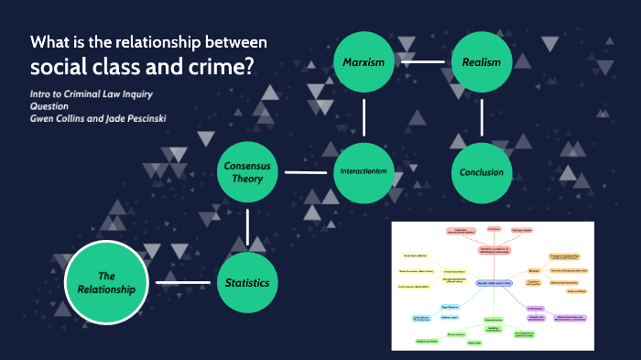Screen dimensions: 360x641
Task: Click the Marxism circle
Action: click(364, 61)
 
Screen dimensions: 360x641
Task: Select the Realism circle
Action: click(482, 61)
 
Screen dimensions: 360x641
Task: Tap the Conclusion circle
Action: click(482, 172)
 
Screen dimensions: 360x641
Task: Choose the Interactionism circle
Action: click(364, 172)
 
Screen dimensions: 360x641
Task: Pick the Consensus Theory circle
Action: click(248, 172)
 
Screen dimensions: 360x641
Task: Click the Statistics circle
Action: click(248, 282)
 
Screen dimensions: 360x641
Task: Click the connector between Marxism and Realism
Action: click(422, 61)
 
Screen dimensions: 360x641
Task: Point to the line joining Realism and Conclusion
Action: click(482, 117)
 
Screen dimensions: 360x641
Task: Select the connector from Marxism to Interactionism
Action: click(364, 117)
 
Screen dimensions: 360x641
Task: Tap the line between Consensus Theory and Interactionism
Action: click(306, 172)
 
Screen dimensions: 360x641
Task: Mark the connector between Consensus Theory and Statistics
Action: click(248, 227)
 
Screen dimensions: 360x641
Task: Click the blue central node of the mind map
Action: click(493, 284)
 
